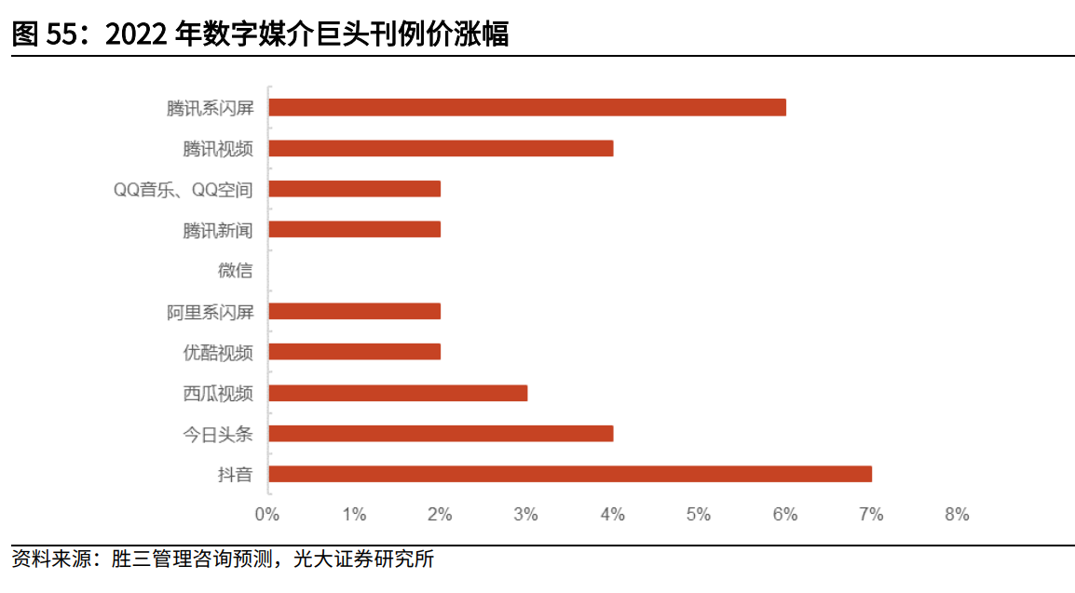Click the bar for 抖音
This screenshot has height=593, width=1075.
click(570, 474)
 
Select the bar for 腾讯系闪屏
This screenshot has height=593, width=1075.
click(527, 107)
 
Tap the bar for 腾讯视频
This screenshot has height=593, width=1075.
click(441, 148)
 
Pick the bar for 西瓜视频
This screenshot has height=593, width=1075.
click(398, 393)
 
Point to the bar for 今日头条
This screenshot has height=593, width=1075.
click(441, 433)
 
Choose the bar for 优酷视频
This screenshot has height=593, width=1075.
click(354, 352)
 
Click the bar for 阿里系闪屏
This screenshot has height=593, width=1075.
click(354, 311)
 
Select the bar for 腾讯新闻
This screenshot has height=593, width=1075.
click(354, 229)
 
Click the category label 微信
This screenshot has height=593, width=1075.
click(235, 271)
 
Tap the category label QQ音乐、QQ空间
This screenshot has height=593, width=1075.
click(183, 189)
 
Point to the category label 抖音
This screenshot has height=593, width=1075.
click(235, 475)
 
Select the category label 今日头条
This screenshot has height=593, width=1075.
click(217, 434)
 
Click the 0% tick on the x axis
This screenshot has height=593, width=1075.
click(267, 514)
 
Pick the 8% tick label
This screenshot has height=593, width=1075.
click(957, 514)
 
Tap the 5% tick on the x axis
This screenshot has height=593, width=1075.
click(699, 514)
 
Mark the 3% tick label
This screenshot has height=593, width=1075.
click(526, 514)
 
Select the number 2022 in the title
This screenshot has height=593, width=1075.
click(139, 34)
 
